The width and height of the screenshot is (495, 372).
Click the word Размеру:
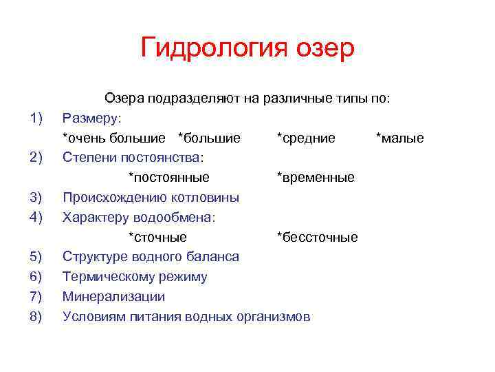[91, 118]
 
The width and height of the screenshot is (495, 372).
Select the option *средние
[306, 138]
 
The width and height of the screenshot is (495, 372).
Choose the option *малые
[399, 138]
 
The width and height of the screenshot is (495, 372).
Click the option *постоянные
[169, 178]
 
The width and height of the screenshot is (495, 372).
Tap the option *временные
[316, 178]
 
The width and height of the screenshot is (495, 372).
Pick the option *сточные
[157, 238]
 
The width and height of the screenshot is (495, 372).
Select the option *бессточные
[317, 238]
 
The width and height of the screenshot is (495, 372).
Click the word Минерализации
[113, 297]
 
